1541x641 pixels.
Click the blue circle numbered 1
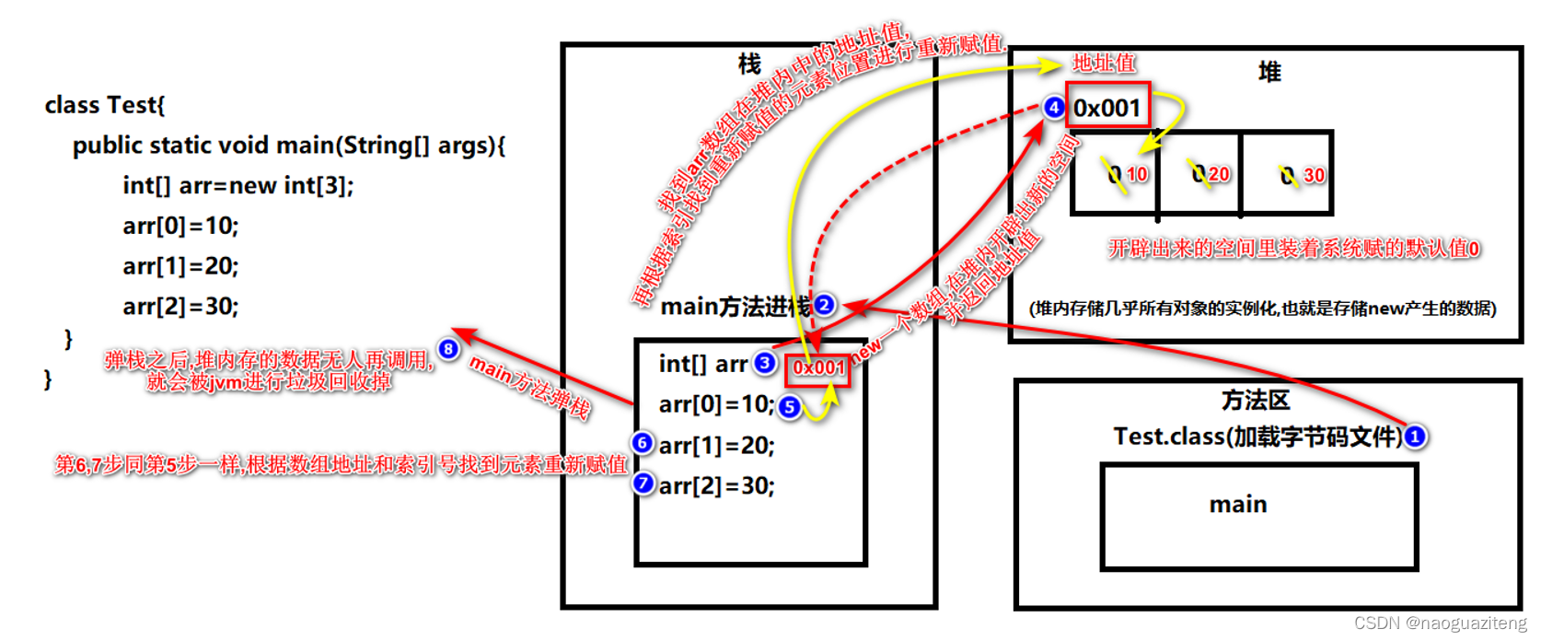(1415, 437)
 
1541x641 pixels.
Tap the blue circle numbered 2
(824, 305)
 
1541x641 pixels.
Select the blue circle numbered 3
(765, 363)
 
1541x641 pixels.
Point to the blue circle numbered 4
(1054, 108)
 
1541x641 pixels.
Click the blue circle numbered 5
(789, 406)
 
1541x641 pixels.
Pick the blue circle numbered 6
(643, 443)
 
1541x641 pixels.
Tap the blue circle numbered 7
(643, 483)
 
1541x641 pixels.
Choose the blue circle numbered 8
(448, 349)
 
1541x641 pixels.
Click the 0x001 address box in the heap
(1107, 108)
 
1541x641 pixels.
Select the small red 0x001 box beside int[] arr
(817, 368)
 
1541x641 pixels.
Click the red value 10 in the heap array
(1137, 174)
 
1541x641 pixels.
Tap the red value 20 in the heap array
(1219, 174)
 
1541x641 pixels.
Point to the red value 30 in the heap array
(1314, 175)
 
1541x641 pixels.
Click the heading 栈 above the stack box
(749, 64)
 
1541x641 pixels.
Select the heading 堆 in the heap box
(1269, 72)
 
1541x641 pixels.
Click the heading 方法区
(1256, 401)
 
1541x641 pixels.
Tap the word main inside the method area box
(1238, 505)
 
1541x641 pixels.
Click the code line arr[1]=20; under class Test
(180, 266)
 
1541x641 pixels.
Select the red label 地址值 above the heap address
(1104, 63)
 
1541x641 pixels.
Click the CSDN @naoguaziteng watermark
(1440, 624)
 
